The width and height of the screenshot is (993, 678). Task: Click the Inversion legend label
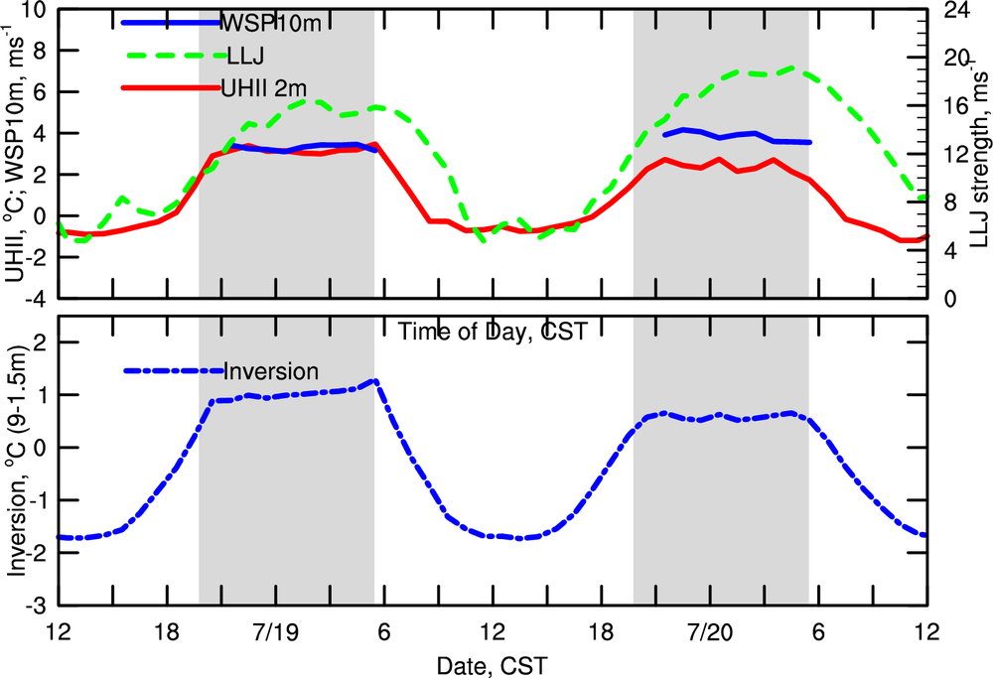tap(271, 371)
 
